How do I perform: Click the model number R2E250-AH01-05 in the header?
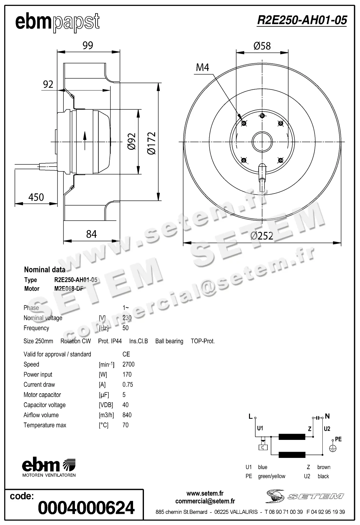click(302, 20)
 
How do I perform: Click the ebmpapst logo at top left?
click(57, 22)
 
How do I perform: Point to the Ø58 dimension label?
click(262, 46)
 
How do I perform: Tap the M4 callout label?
click(202, 67)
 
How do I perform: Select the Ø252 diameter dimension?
click(262, 236)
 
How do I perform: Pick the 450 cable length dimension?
click(36, 197)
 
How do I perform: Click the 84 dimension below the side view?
click(91, 234)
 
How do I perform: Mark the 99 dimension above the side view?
click(88, 45)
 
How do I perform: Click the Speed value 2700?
click(128, 364)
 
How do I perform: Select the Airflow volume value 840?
click(127, 415)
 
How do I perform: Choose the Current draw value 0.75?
click(127, 385)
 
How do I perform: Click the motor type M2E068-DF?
click(69, 289)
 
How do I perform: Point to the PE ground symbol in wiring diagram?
click(333, 448)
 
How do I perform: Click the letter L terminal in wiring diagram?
click(250, 417)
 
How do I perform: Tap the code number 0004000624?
click(86, 508)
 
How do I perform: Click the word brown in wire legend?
click(324, 467)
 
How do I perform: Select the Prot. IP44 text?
click(110, 341)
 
